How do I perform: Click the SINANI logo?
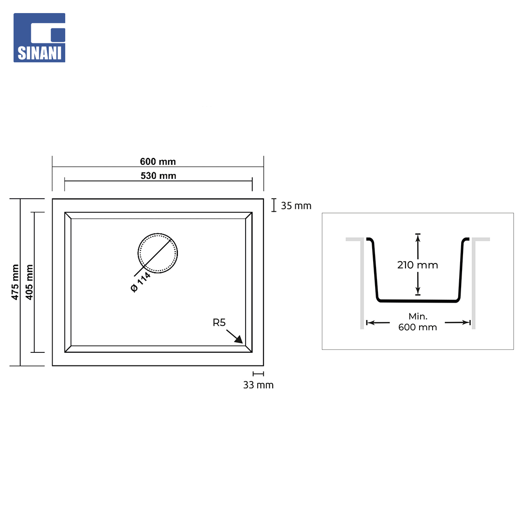pos(39,38)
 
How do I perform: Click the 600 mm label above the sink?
pos(158,162)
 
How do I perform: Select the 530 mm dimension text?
pos(158,176)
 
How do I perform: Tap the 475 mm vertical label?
pos(15,282)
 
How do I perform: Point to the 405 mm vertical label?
pos(29,282)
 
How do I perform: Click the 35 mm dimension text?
pos(296,206)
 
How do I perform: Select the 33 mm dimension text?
pos(258,385)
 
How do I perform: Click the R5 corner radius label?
pos(219,322)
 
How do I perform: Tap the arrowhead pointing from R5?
pos(239,340)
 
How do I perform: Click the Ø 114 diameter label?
pos(141,282)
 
